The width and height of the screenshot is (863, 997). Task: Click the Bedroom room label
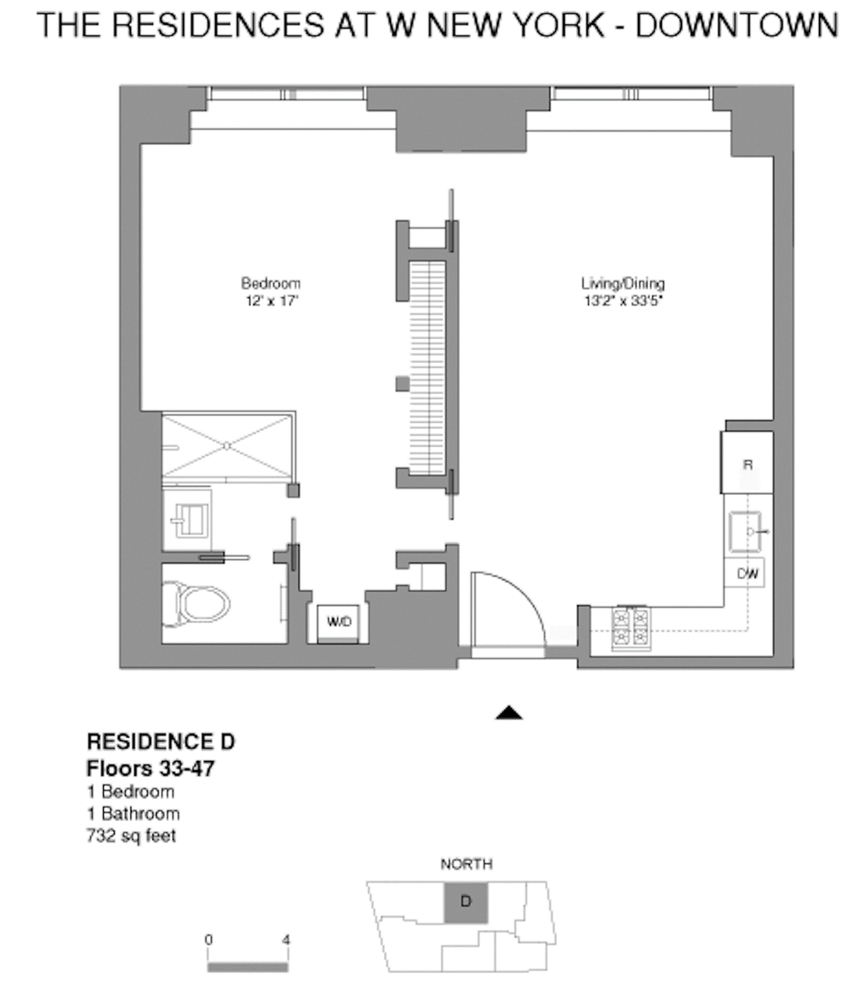271,283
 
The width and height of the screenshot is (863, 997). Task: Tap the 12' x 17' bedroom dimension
272,301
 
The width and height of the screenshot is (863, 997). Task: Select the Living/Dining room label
623,283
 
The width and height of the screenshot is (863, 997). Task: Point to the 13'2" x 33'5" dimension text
624,301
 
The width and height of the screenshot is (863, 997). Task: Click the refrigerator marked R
748,462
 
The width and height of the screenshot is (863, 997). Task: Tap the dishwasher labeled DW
744,573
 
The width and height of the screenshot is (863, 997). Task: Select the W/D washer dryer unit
338,624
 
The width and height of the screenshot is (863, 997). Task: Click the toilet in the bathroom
195,604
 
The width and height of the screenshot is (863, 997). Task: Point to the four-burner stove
631,629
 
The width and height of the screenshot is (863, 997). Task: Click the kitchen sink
746,532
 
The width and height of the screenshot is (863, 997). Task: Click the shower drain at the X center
227,446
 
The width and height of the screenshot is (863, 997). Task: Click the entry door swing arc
527,592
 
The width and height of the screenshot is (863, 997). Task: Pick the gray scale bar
248,967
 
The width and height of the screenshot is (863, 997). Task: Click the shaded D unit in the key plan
466,902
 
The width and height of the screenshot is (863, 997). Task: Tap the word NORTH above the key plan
466,864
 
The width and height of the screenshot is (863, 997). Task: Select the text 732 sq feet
131,836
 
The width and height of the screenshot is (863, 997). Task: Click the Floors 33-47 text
150,769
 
